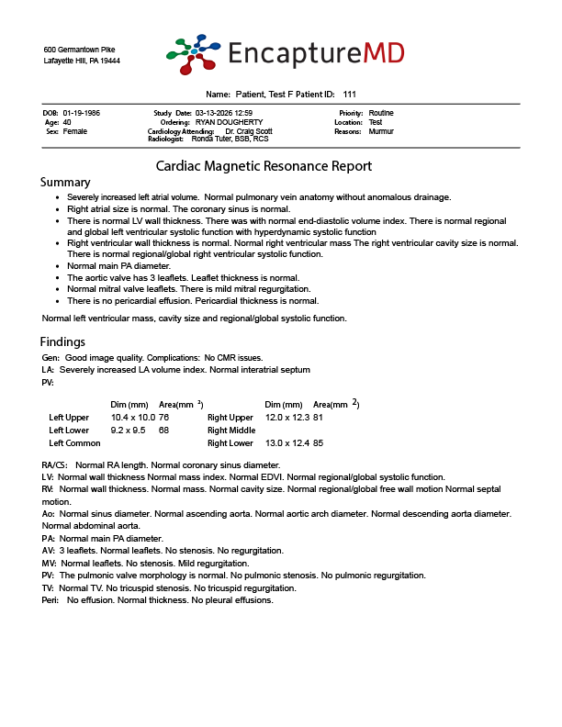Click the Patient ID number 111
click(349, 95)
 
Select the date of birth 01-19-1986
click(82, 113)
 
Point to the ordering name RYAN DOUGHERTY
click(229, 122)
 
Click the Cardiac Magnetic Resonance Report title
click(264, 166)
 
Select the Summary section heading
click(66, 183)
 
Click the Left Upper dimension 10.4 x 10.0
click(133, 417)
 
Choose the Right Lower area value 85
click(319, 443)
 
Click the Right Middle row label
click(230, 430)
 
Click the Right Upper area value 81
click(319, 417)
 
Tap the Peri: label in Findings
click(51, 599)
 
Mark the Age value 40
click(68, 122)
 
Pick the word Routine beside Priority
click(381, 113)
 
